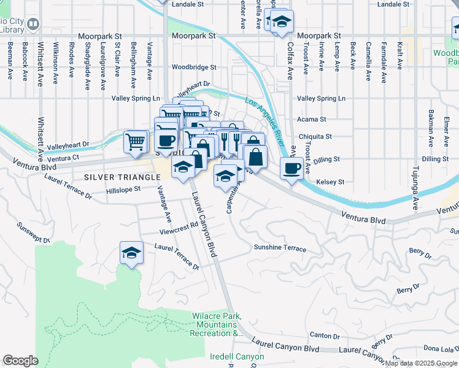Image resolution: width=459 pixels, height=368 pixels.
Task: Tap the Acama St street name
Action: [311, 120]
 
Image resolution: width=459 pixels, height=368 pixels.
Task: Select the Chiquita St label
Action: [315, 137]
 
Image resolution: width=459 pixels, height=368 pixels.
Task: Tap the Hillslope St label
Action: [124, 190]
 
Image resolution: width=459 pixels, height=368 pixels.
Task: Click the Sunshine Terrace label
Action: [280, 248]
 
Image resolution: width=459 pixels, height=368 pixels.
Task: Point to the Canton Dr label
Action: [325, 335]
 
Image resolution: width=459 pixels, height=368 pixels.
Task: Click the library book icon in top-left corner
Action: [33, 24]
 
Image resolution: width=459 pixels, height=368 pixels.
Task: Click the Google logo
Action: [20, 361]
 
